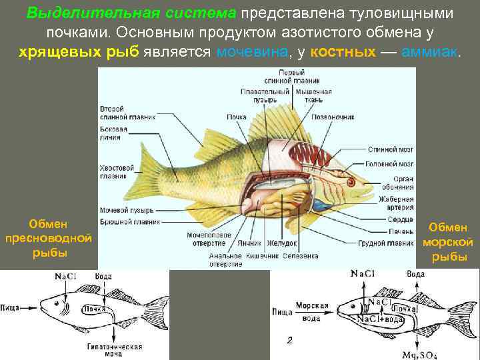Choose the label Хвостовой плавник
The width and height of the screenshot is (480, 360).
[113, 173]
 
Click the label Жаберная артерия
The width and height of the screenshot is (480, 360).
[396, 203]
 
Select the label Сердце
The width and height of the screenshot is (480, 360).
[400, 219]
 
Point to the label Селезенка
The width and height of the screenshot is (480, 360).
[301, 255]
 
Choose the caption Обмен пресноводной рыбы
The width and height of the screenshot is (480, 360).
[47, 238]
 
